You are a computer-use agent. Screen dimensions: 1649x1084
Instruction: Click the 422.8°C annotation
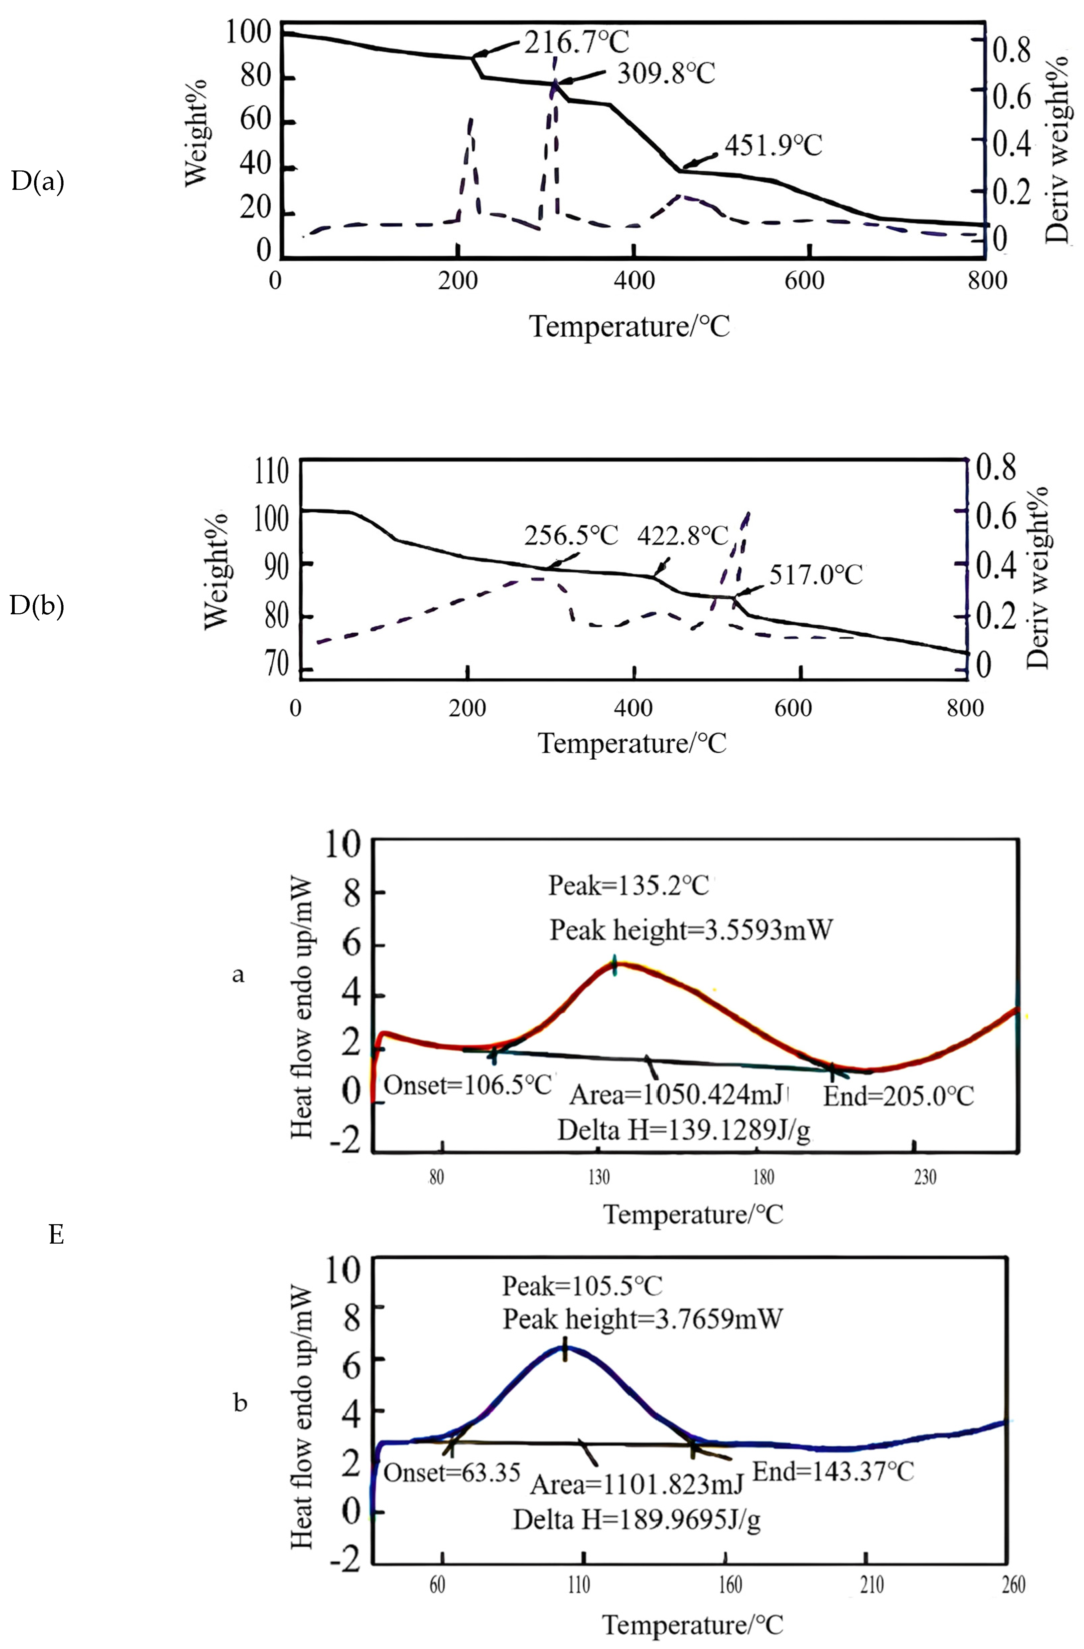point(682,536)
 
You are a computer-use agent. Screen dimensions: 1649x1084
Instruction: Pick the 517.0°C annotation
point(816,575)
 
